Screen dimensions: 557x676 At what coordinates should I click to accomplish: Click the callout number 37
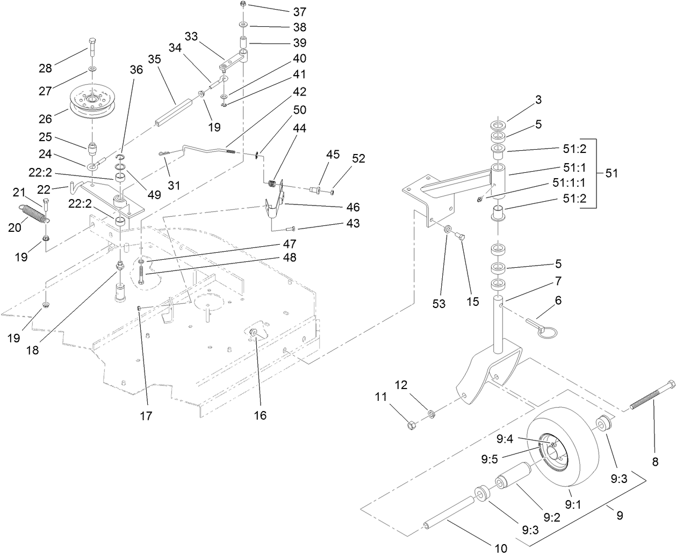coord(299,11)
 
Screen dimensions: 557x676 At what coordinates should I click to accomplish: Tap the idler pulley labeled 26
coord(92,101)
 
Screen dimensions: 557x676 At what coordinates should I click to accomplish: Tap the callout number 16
coord(260,415)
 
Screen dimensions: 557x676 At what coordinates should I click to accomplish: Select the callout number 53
coord(439,303)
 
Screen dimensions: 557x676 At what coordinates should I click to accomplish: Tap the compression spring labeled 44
coord(274,184)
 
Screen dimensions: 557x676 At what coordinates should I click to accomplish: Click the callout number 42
coord(299,92)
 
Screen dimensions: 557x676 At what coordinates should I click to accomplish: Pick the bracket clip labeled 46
coord(275,208)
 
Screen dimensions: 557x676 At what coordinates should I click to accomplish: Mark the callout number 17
coord(146,415)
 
